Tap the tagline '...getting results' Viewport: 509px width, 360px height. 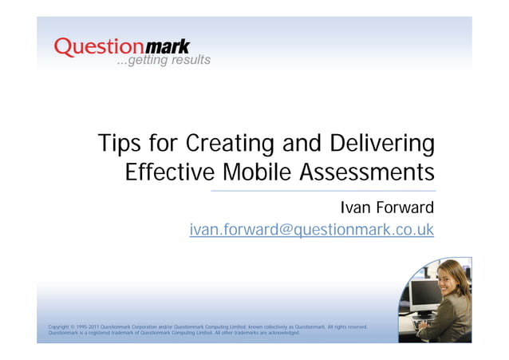tap(163, 61)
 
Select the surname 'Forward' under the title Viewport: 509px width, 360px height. tap(404, 209)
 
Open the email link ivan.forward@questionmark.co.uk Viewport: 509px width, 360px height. tap(311, 231)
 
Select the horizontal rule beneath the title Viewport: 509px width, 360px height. tap(322, 192)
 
